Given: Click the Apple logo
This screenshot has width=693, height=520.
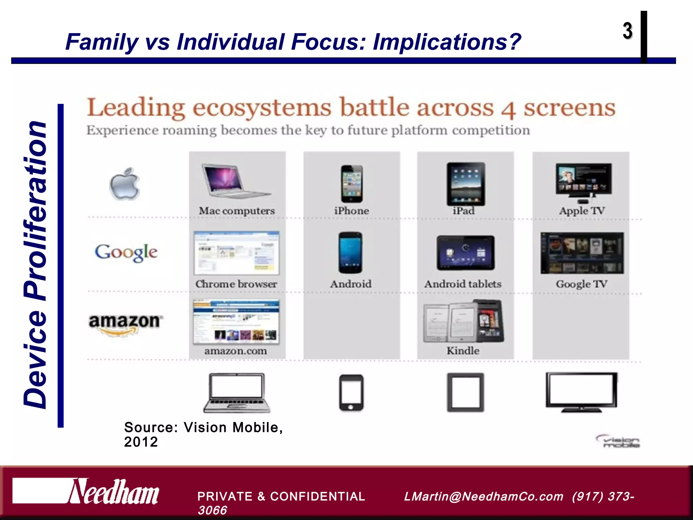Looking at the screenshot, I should tap(125, 183).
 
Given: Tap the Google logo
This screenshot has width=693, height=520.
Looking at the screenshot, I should tap(126, 253).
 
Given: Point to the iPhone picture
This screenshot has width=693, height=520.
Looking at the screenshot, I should tap(352, 184).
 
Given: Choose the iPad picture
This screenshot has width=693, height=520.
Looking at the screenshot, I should tap(466, 184).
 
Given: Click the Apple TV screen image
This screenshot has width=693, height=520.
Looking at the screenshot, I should tap(583, 179).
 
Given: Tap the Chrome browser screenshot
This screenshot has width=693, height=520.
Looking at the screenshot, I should tap(237, 253).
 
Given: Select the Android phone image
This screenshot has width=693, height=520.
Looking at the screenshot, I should tap(350, 253).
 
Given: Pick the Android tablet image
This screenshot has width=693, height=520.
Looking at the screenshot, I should tap(466, 253).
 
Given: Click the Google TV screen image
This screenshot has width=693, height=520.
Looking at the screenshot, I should tap(582, 253).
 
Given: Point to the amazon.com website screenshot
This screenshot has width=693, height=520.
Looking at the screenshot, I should tap(236, 322).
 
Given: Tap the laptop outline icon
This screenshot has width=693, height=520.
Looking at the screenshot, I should tap(237, 393).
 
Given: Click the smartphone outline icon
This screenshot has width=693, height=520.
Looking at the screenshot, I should tap(351, 393).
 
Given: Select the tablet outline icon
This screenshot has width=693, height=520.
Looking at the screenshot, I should tap(466, 392).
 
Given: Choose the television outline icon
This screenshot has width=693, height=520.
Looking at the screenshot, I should tap(581, 392).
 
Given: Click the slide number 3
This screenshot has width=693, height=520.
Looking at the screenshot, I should tap(627, 31).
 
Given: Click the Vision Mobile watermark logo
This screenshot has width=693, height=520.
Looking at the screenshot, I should tap(618, 441).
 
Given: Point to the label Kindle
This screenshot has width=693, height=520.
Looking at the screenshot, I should tap(463, 351).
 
